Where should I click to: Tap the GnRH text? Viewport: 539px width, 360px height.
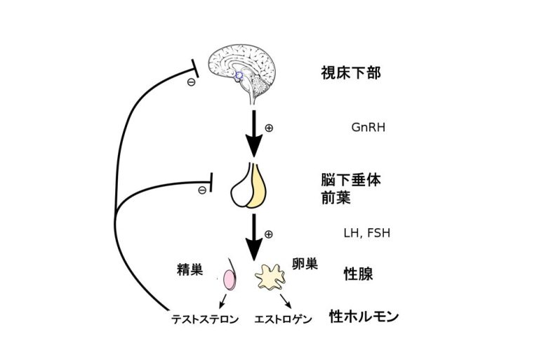tap(368, 128)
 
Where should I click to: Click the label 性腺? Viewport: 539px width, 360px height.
tap(342, 272)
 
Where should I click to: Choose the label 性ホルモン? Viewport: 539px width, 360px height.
tap(364, 316)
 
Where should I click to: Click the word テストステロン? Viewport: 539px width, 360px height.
tap(205, 319)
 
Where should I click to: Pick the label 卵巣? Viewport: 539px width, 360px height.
tap(305, 264)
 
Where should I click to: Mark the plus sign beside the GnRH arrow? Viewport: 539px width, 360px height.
tap(269, 128)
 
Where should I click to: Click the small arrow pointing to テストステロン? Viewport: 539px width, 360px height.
tap(222, 301)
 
